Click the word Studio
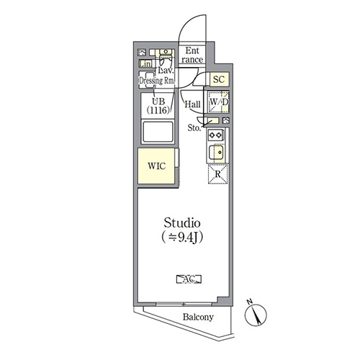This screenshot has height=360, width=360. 182,223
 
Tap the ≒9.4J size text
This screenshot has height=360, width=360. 182,238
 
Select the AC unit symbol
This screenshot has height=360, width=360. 189,279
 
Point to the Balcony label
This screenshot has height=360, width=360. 198,317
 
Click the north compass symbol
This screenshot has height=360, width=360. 256,314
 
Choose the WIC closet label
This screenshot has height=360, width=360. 156,166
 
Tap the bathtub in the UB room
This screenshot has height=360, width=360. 158,132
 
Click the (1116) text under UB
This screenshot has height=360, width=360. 158,110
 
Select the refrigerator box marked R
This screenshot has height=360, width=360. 217,174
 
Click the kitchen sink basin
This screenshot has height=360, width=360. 216,152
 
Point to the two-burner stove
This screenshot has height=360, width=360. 215,135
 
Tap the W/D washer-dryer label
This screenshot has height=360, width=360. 219,102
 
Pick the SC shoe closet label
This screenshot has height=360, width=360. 219,79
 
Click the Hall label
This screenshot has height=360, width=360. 192,104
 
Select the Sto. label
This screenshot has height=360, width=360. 194,128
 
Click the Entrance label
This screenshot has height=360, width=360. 192,55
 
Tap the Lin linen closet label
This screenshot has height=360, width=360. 145,64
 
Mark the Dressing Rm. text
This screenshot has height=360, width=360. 157,81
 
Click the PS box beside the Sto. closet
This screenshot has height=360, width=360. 226,120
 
